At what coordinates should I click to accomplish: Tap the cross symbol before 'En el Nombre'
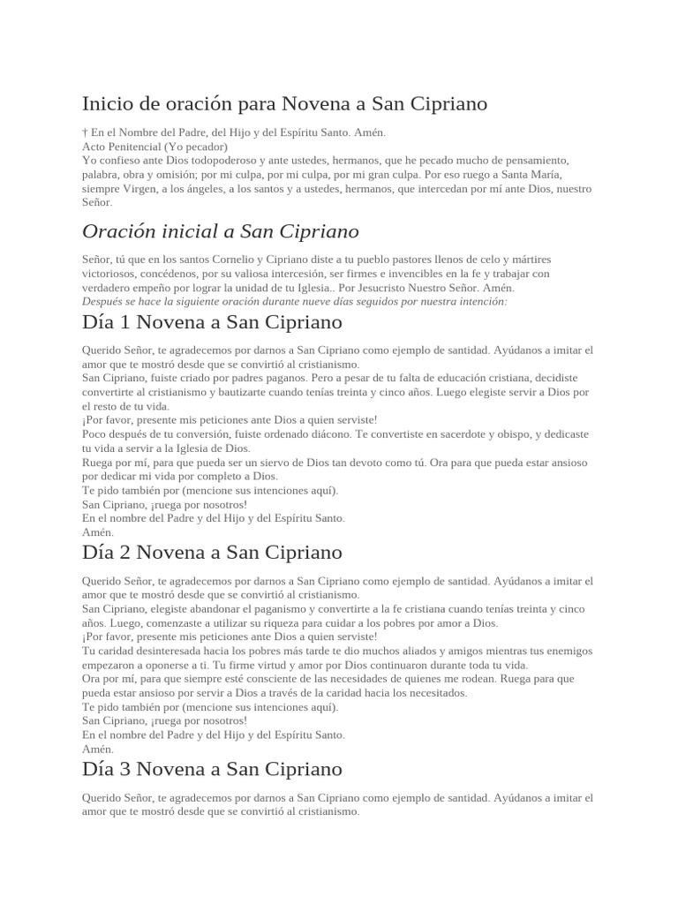(x=84, y=132)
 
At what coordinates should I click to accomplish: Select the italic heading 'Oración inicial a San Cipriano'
(x=220, y=231)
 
